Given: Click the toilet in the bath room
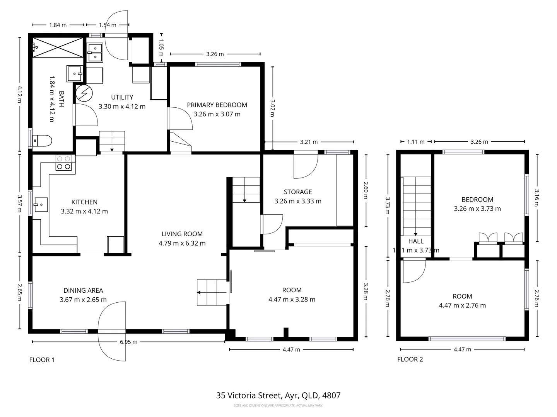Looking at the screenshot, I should pos(43,141).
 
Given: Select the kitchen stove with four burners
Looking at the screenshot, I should pos(64,163).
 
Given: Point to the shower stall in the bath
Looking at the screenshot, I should pos(58,47).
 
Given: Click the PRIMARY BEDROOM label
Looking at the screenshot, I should pos(217,105).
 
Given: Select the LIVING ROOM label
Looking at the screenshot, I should pos(182,234).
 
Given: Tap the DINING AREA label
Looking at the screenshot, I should pos(83,290).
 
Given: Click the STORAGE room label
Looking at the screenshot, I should pos(297,192).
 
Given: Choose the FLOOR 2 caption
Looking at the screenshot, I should pos(410,359).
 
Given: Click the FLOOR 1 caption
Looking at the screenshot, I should pos(42,360).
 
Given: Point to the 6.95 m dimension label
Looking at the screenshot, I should pos(128,342).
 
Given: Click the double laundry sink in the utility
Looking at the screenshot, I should pos(95,53).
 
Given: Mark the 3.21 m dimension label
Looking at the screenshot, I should pos(309,142).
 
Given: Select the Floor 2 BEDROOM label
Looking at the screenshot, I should pos(477,200).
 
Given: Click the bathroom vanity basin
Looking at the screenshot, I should pos(74,73).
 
